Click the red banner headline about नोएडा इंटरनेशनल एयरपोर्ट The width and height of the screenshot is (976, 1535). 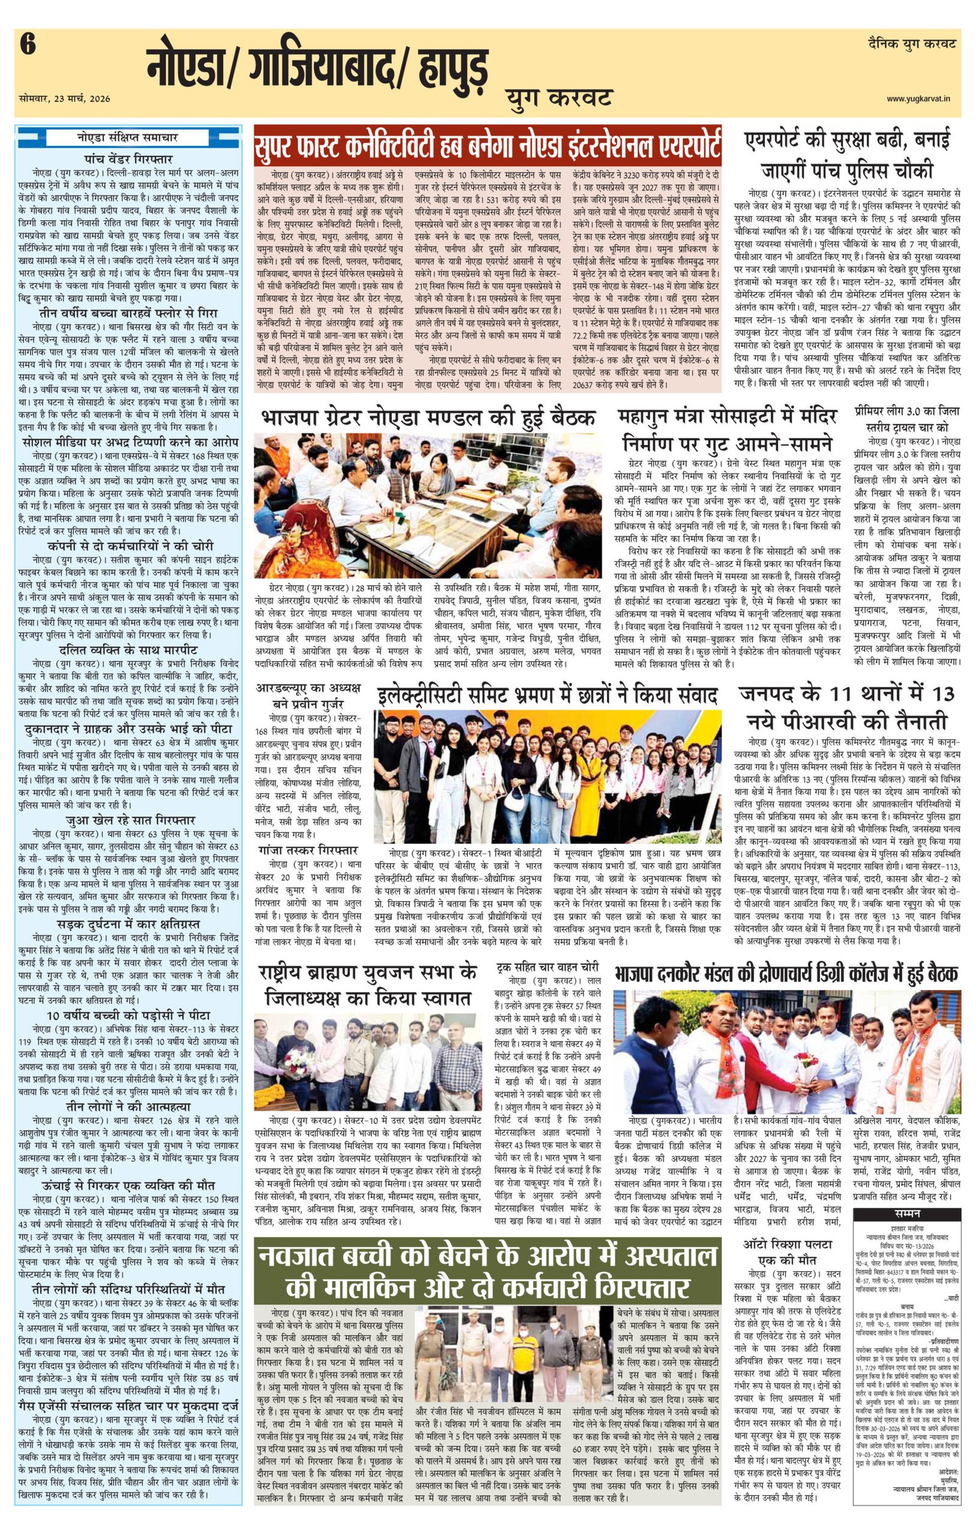pos(487,144)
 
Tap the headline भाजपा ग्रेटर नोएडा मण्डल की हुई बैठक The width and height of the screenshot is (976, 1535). pos(428,419)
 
